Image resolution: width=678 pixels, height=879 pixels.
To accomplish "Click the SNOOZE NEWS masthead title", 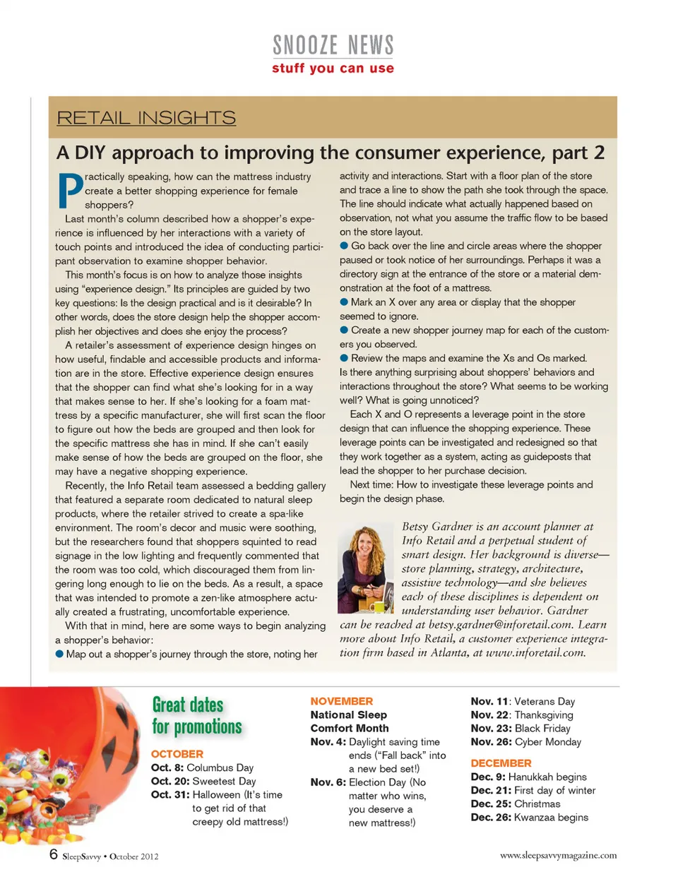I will coord(333,45).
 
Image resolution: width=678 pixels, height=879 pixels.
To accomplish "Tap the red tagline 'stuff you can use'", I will coord(333,68).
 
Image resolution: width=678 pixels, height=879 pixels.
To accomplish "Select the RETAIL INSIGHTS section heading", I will coord(146,118).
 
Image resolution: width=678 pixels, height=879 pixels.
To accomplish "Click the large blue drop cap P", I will coord(69,191).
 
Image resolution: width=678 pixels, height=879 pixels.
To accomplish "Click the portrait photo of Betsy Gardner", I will coord(366,568).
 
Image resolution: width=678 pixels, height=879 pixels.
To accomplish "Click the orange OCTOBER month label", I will coord(177,754).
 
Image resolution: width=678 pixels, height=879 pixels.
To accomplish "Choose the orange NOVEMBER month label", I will coord(342,701).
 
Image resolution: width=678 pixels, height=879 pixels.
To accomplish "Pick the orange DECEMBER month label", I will coord(501,763).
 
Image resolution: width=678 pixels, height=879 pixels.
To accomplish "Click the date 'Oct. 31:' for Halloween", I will coord(170,794).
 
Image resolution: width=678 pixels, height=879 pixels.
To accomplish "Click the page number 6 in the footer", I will coord(54,854).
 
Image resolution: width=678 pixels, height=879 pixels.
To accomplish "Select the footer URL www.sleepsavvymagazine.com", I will coord(558,855).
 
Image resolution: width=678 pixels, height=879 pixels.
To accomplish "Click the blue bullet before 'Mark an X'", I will coord(344,302).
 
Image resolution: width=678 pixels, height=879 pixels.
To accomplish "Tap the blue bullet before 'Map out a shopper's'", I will coord(59,654).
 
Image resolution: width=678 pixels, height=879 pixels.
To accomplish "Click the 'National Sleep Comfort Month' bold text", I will coord(349,722).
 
